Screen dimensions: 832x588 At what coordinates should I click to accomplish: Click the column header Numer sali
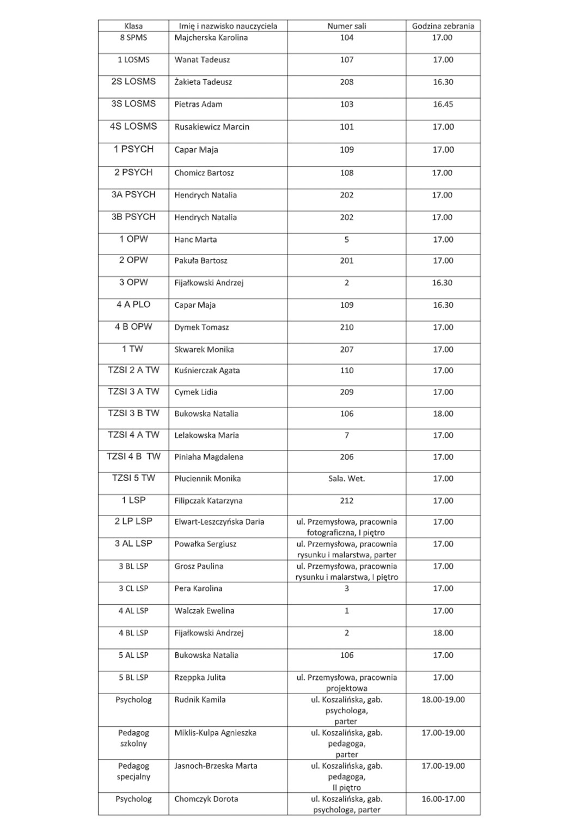pos(346,26)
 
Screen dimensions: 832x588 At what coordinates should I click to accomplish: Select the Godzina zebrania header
pos(443,26)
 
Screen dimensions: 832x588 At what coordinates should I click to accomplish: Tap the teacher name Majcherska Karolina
pos(211,38)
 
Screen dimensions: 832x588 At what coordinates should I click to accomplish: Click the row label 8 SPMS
pos(133,38)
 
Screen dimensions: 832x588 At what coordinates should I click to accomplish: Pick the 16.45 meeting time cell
pos(443,104)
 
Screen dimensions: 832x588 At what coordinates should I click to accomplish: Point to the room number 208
pos(346,82)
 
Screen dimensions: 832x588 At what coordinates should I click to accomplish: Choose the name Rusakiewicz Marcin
pos(212,127)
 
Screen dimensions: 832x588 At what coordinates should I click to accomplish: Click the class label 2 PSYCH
pos(133,172)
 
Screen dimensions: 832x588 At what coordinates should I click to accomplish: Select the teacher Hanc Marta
pos(195,239)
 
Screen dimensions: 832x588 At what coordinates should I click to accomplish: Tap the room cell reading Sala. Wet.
pos(346,478)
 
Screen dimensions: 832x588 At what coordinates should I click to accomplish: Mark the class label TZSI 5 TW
pos(133,478)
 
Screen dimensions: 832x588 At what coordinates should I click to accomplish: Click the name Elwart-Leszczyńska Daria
pos(219,521)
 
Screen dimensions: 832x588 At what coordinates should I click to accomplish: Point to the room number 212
pos(346,501)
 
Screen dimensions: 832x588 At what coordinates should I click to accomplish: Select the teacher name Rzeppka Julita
pos(200,677)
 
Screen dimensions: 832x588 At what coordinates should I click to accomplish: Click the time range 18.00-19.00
pos(443,700)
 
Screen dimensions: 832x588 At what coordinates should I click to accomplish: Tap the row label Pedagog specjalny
pos(133,771)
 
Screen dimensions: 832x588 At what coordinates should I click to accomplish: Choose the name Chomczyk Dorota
pos(206,799)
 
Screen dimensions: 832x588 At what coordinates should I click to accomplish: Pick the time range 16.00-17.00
pos(443,799)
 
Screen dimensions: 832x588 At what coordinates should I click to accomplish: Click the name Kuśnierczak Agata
pos(207,371)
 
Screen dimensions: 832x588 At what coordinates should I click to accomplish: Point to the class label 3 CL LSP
pos(133,588)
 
